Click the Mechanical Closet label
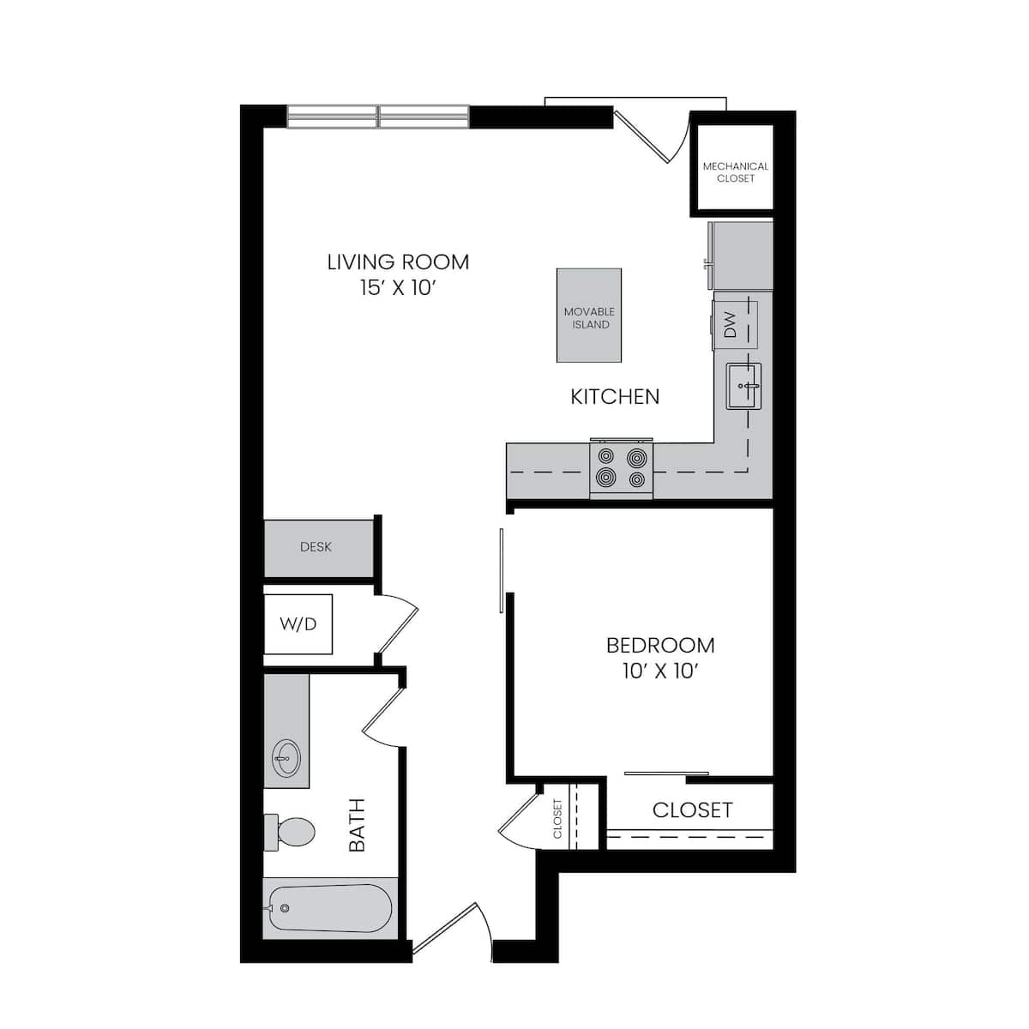pyautogui.click(x=735, y=171)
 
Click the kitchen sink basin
pyautogui.click(x=743, y=387)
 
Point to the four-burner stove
pyautogui.click(x=622, y=468)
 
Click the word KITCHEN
pyautogui.click(x=615, y=396)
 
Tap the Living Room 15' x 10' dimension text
pyautogui.click(x=398, y=287)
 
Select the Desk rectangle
pyautogui.click(x=316, y=547)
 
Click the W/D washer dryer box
pyautogui.click(x=298, y=624)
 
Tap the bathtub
pyautogui.click(x=330, y=908)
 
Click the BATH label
pyautogui.click(x=357, y=825)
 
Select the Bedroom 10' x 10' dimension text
pyautogui.click(x=659, y=671)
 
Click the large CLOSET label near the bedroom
pyautogui.click(x=692, y=810)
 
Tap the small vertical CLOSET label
pyautogui.click(x=557, y=818)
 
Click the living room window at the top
pyautogui.click(x=377, y=117)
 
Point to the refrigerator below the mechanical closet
pyautogui.click(x=743, y=256)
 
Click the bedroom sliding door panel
pyautogui.click(x=502, y=570)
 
